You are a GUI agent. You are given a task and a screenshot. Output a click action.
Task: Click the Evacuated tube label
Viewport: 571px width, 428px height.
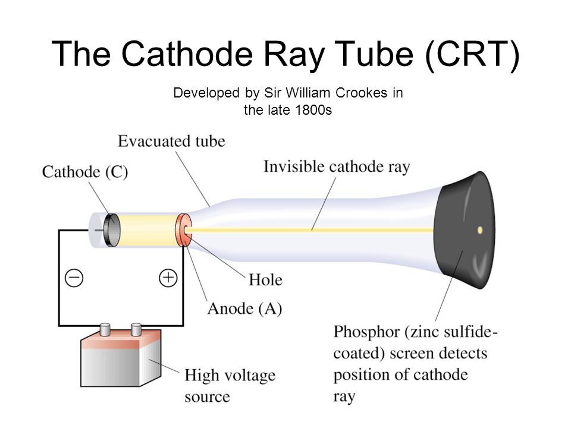tap(171, 141)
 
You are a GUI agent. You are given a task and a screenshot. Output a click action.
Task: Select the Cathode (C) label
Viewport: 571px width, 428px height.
tap(85, 172)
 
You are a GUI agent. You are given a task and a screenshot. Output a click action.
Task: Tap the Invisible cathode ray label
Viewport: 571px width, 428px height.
tap(337, 167)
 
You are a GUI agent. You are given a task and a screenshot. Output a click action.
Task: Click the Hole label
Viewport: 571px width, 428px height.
tap(265, 279)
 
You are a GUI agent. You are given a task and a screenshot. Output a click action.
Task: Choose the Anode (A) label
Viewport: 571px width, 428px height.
tap(244, 309)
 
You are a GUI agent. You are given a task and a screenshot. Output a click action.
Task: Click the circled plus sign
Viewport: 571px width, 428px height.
tap(169, 278)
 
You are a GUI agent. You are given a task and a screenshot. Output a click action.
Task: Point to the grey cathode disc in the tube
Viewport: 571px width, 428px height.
tap(109, 229)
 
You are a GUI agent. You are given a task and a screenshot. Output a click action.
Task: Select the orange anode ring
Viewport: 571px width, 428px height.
tap(183, 230)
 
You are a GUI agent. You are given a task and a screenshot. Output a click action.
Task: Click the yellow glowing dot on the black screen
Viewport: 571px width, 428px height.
tap(480, 229)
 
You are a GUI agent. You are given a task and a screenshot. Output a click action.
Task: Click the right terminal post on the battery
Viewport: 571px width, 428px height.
tap(136, 328)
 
